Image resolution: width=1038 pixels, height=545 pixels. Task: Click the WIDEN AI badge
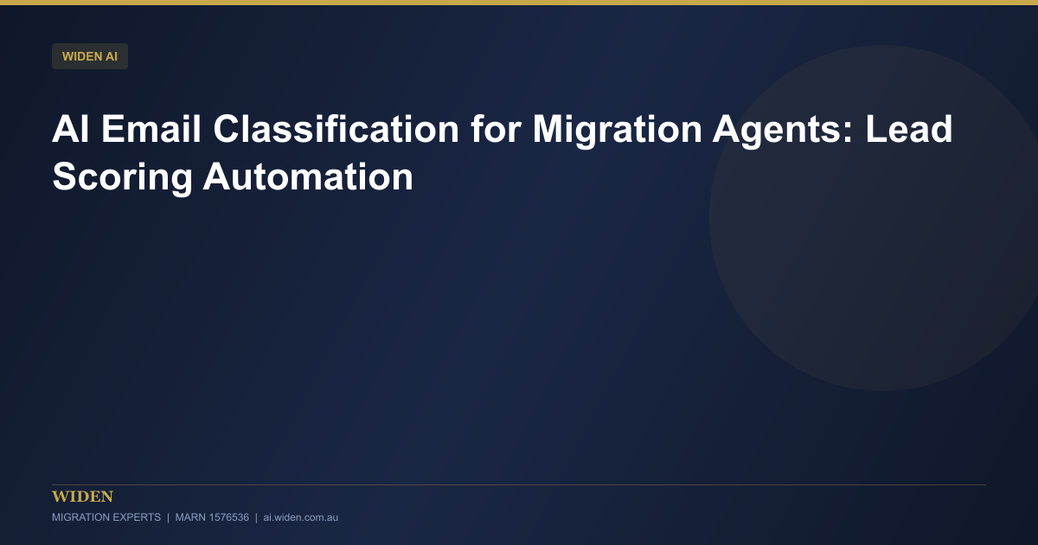pyautogui.click(x=90, y=56)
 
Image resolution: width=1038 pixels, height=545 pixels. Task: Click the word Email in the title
pyautogui.click(x=151, y=129)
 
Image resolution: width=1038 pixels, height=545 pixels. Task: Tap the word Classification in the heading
pyautogui.click(x=336, y=129)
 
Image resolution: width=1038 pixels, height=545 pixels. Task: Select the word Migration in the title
pyautogui.click(x=618, y=130)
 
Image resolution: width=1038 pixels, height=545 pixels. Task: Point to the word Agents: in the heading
pyautogui.click(x=783, y=130)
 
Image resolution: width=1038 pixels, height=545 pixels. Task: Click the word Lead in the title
pyautogui.click(x=909, y=129)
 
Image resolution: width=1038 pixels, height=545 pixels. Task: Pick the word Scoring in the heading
pyautogui.click(x=122, y=177)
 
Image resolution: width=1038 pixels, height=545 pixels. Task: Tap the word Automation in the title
pyautogui.click(x=308, y=176)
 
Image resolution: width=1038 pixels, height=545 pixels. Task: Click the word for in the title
pyautogui.click(x=496, y=129)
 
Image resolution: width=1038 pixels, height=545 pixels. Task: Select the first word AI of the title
pyautogui.click(x=70, y=129)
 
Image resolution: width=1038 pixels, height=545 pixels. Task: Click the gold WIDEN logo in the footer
pyautogui.click(x=82, y=497)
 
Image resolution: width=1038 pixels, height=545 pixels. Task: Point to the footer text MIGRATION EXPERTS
pyautogui.click(x=106, y=517)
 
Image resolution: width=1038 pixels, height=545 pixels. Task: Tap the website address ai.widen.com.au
pyautogui.click(x=301, y=517)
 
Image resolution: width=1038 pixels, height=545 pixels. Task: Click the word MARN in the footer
pyautogui.click(x=190, y=517)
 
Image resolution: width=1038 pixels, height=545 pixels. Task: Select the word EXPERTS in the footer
pyautogui.click(x=137, y=517)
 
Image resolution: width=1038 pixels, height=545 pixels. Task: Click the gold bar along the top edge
pyautogui.click(x=519, y=3)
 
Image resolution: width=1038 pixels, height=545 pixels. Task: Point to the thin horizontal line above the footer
pyautogui.click(x=519, y=484)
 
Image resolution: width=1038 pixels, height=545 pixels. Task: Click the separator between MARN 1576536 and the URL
pyautogui.click(x=256, y=517)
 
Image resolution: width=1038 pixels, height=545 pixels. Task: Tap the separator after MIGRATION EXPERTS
pyautogui.click(x=168, y=517)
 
